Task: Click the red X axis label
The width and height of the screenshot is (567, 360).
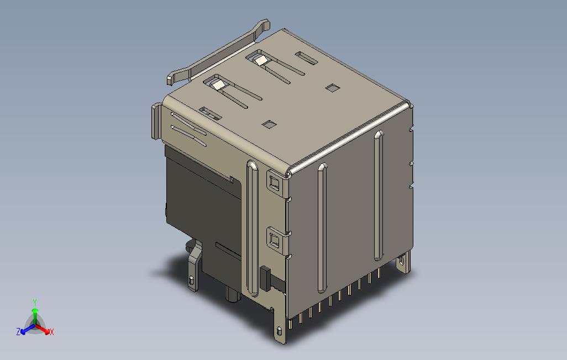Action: coord(51,332)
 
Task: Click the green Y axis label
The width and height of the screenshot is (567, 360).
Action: coord(34,302)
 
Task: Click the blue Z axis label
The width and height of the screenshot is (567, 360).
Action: coord(18,332)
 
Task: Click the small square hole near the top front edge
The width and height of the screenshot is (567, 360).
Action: coord(269,124)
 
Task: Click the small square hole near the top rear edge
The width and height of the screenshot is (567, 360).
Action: coord(332,88)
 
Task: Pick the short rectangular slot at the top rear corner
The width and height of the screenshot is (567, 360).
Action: coord(305,57)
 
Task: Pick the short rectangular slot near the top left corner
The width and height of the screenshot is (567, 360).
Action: coord(210,113)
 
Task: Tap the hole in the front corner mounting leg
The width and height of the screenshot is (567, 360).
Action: coord(280,332)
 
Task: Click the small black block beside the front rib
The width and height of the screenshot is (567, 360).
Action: coord(264,279)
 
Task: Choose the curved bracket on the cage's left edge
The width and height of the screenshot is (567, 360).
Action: coord(156,121)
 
